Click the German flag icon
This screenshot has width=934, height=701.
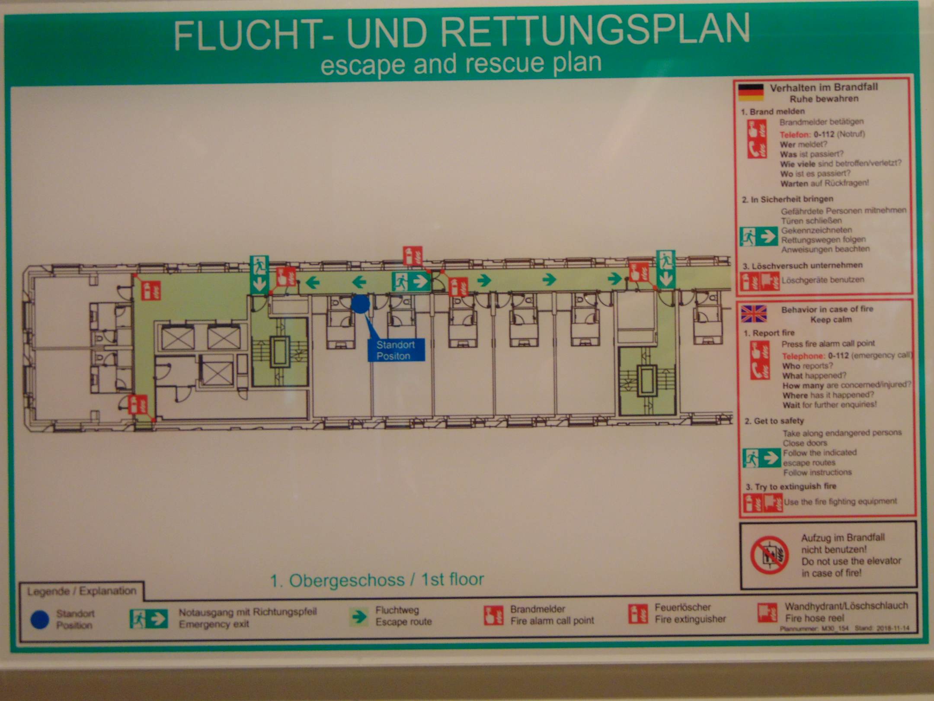coord(751,92)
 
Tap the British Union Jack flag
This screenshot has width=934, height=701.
coord(754,314)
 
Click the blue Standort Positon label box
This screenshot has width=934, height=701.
coord(396,350)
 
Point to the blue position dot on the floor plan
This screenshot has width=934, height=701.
coord(360,304)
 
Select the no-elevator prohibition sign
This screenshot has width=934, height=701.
coord(769,555)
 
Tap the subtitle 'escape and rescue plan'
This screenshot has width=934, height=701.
coord(461,64)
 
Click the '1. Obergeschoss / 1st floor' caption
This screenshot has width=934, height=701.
coord(377,579)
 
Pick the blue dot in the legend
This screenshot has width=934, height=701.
coord(40,620)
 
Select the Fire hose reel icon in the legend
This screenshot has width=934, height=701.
coord(768,612)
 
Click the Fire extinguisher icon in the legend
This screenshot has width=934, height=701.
coord(638,614)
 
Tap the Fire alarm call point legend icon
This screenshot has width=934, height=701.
coord(493,615)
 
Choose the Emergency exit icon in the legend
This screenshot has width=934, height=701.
coord(149,618)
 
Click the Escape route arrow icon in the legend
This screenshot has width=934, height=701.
coord(358,617)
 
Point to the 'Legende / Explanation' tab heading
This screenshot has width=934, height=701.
coord(81,591)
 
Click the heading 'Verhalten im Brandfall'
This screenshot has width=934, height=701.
coord(824,87)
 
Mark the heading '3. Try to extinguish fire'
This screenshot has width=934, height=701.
coord(791,486)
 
